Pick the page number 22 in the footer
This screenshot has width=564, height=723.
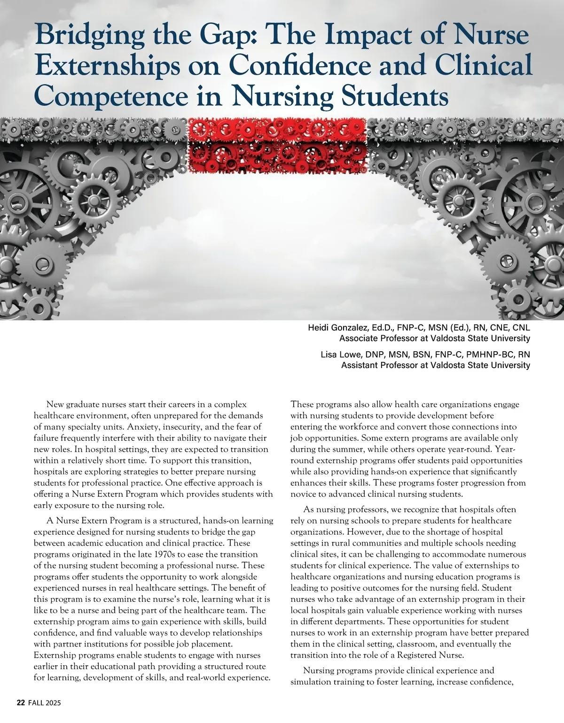tap(21, 703)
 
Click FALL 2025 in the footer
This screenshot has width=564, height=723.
tap(44, 703)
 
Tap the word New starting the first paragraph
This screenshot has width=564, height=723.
tap(55, 404)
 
